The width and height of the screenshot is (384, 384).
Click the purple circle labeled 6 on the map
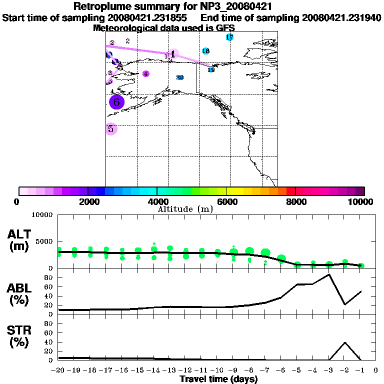pos(116,102)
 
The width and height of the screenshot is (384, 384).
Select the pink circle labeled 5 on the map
pos(111,129)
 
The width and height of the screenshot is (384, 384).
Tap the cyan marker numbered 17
pos(229,37)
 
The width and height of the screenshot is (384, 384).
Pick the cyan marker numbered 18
pos(205,51)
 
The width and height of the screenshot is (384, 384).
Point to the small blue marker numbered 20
pos(180,77)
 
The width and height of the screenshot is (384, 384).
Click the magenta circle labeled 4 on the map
pos(146,74)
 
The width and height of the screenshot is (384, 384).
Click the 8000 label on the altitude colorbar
pos(295,202)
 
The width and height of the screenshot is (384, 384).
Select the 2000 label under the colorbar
pos(87,202)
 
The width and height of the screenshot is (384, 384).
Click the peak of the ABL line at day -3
pos(329,274)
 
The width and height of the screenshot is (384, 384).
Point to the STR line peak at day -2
pos(345,342)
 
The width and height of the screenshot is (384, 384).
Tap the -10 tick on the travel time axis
pos(217,370)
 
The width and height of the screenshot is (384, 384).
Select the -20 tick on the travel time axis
pos(58,370)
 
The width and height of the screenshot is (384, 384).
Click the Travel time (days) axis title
pos(218,379)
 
